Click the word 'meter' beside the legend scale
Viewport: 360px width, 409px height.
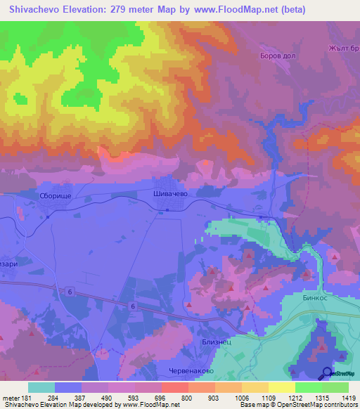tap(11, 398)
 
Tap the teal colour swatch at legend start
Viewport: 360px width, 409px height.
tap(41, 387)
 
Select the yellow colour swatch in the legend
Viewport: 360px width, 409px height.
tap(282, 387)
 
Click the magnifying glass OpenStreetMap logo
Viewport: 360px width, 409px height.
tap(326, 374)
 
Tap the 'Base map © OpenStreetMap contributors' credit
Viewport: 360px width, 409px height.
tap(295, 405)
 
